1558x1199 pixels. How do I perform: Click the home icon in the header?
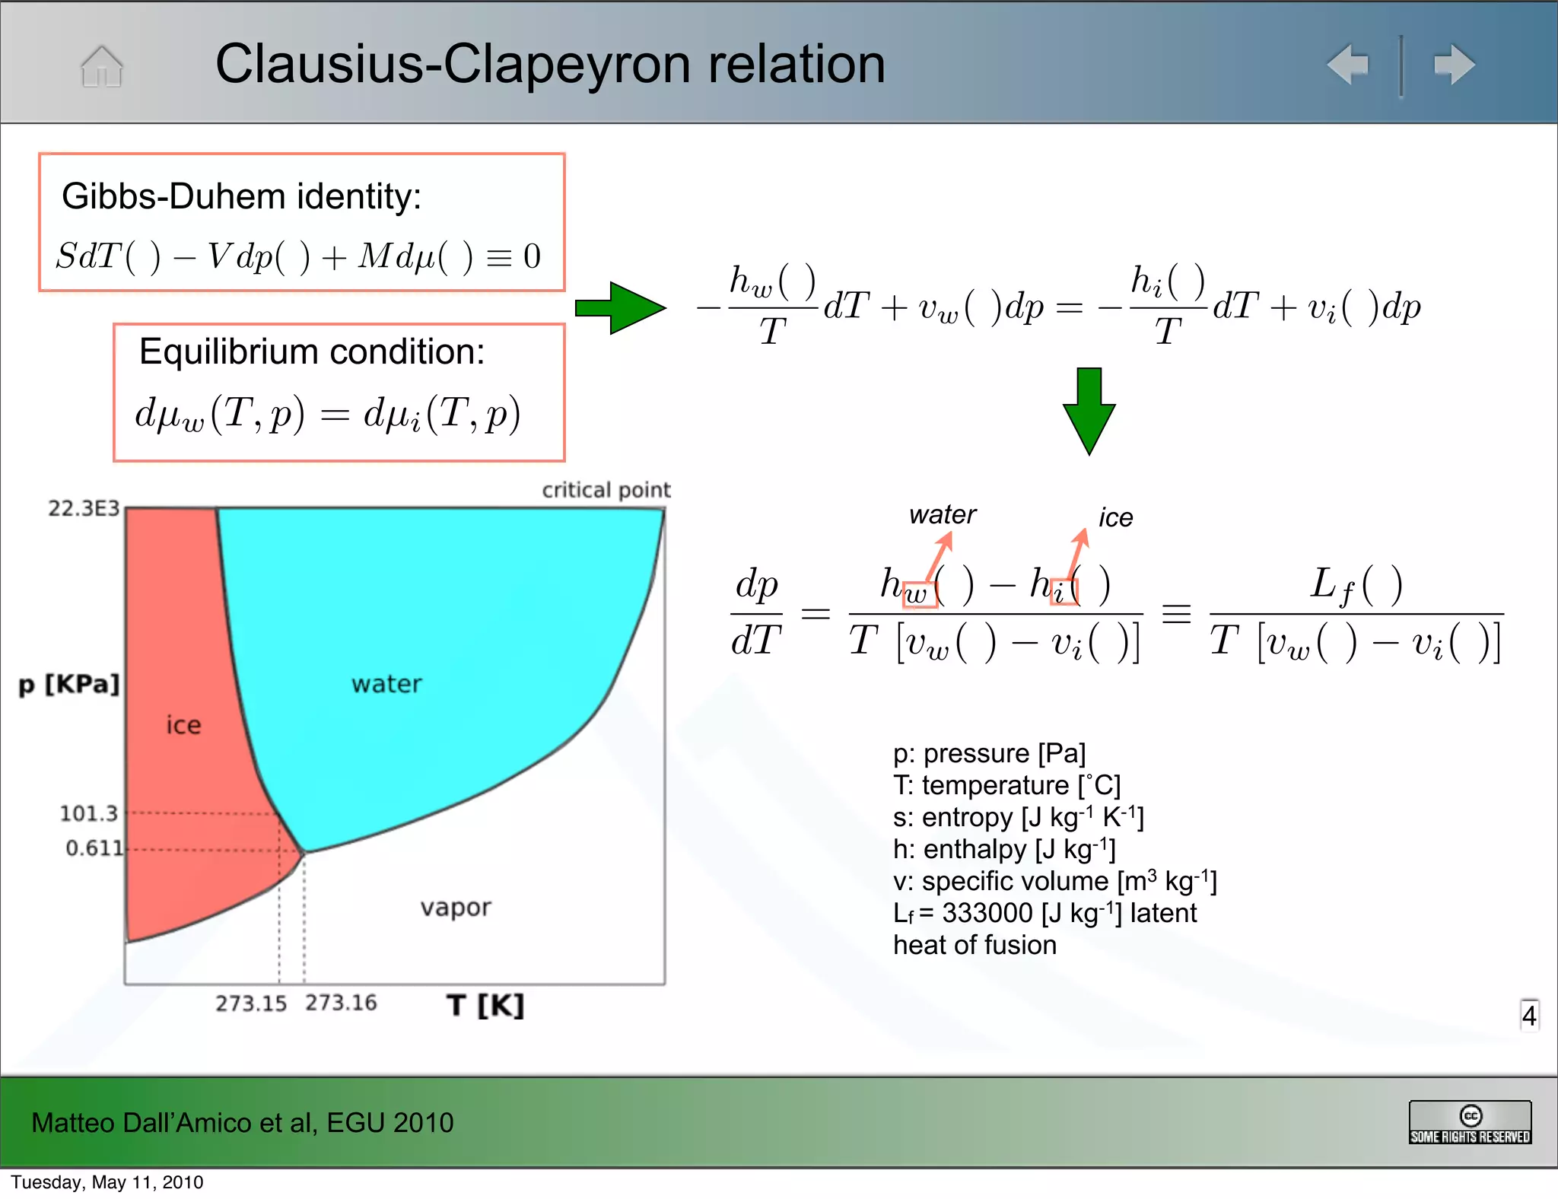coord(102,66)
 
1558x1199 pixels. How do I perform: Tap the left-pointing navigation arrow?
coord(1348,65)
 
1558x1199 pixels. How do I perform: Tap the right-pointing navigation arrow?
coord(1454,65)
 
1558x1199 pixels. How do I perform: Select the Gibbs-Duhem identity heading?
coord(241,196)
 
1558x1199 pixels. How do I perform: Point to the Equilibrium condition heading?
coord(312,351)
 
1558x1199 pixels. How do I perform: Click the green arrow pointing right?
coord(620,308)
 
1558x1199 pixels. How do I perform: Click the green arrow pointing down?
coord(1089,411)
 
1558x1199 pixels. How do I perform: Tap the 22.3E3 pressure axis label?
coord(84,508)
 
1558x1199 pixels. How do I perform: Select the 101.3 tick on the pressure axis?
coord(88,813)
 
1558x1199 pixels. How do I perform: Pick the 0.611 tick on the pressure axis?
coord(94,848)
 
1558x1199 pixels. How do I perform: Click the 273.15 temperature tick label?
coord(251,1003)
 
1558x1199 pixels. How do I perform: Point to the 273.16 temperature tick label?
coord(341,1003)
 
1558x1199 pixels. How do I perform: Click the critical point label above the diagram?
coord(606,490)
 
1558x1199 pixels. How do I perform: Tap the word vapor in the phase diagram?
coord(456,908)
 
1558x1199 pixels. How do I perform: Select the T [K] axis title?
coord(485,1005)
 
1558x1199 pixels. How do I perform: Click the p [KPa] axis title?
coord(69,684)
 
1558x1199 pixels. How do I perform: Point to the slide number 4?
coord(1529,1015)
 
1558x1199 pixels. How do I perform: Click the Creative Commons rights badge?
coord(1470,1123)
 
